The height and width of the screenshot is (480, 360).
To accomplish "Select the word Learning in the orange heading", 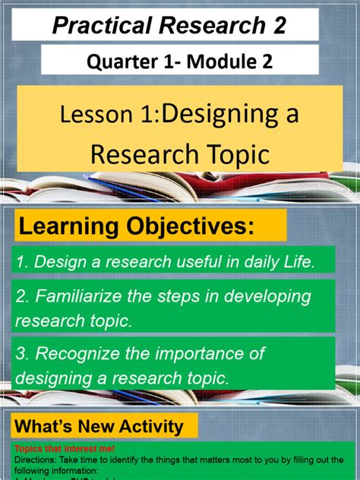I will (x=71, y=226).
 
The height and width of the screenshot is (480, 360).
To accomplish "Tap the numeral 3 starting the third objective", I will (x=20, y=352).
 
